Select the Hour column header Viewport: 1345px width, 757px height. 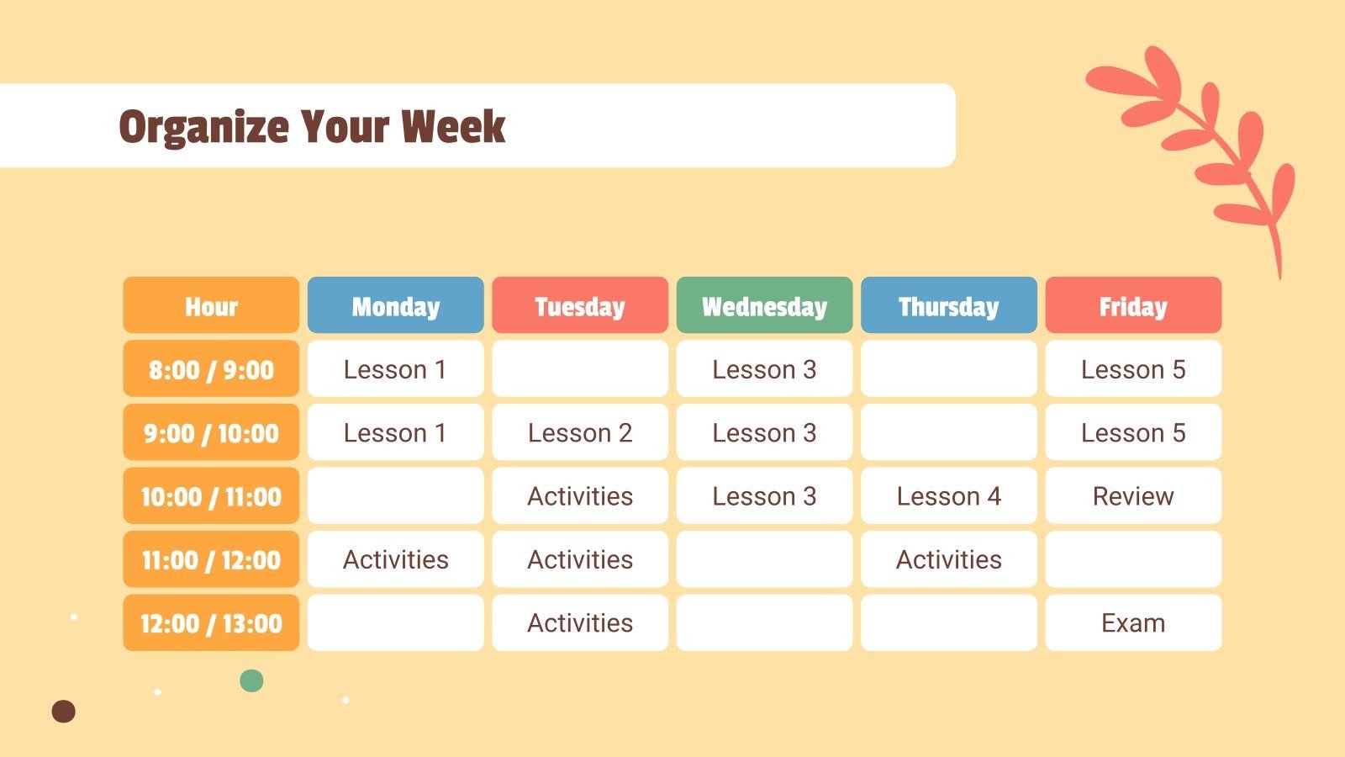pyautogui.click(x=211, y=306)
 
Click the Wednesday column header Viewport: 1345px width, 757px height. pyautogui.click(x=764, y=306)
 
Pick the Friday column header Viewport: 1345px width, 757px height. pyautogui.click(x=1133, y=306)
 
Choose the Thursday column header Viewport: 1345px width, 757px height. pyautogui.click(x=948, y=306)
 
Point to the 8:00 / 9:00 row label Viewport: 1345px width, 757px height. pyautogui.click(x=211, y=369)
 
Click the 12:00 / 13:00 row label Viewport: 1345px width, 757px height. pyautogui.click(x=211, y=623)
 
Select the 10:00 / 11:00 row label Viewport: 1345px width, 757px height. pyautogui.click(x=211, y=496)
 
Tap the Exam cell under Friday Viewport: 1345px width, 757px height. pyautogui.click(x=1133, y=623)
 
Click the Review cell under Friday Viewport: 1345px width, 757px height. pyautogui.click(x=1133, y=496)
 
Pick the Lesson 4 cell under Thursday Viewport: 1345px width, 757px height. pyautogui.click(x=948, y=496)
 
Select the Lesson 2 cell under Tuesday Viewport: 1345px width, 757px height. pyautogui.click(x=580, y=433)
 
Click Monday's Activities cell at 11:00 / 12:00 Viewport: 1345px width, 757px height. pyautogui.click(x=396, y=559)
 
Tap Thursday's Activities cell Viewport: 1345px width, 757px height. pyautogui.click(x=948, y=559)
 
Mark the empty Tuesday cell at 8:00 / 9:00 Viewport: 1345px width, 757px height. pyautogui.click(x=580, y=369)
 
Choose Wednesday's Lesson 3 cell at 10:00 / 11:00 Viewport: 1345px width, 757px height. pyautogui.click(x=764, y=496)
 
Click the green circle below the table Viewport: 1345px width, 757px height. pyautogui.click(x=251, y=680)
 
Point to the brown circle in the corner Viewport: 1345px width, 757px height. pyautogui.click(x=64, y=712)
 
